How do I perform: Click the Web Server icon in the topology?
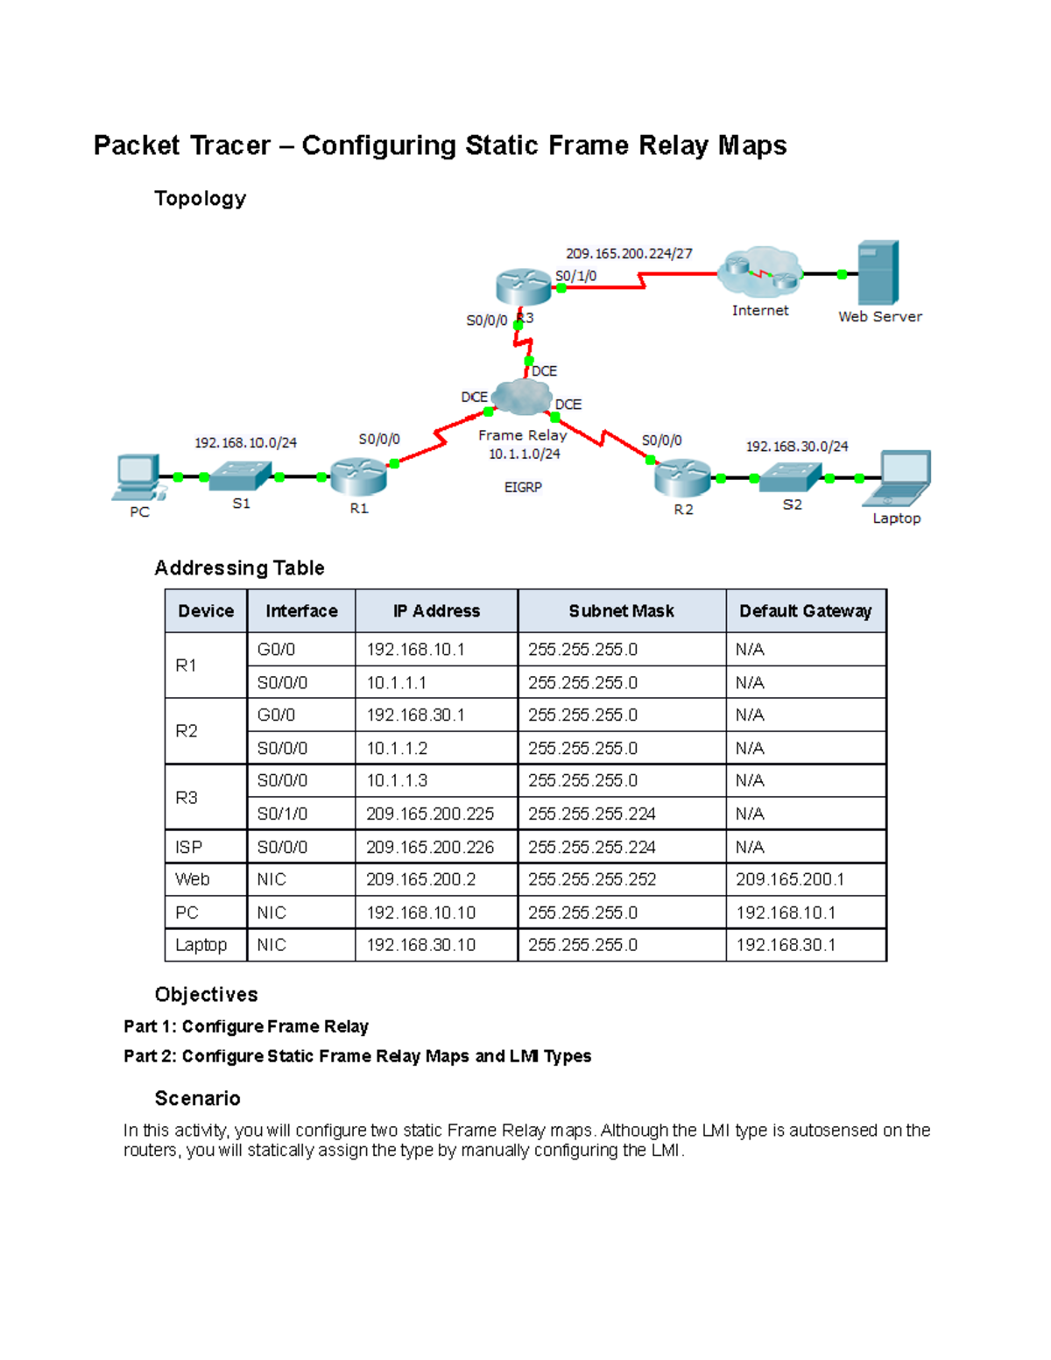[x=878, y=272]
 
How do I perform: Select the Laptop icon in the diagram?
[x=898, y=478]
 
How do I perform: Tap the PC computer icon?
[x=138, y=477]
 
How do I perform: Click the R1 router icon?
[x=358, y=477]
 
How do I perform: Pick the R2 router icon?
[x=682, y=477]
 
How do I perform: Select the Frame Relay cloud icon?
[x=522, y=398]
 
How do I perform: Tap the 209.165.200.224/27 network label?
[x=629, y=253]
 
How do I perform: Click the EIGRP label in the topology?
[x=523, y=487]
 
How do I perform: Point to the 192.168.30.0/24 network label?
[x=796, y=446]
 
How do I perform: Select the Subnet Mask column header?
[x=621, y=611]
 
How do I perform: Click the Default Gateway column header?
[x=805, y=611]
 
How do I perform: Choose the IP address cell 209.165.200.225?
[x=430, y=814]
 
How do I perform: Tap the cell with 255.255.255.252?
[x=592, y=879]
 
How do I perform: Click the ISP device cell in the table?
[x=188, y=847]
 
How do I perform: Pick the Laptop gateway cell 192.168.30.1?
[x=786, y=945]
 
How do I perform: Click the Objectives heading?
[x=206, y=994]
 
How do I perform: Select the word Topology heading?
[x=200, y=199]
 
